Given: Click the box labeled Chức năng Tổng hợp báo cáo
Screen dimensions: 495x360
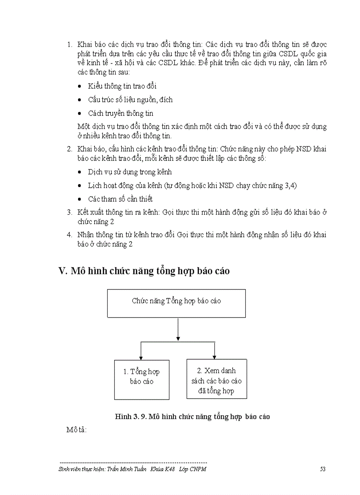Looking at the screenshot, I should tap(176, 303).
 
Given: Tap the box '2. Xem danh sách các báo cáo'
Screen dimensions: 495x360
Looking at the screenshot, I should tap(216, 379).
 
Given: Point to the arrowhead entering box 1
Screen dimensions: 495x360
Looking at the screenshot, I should tap(140, 357).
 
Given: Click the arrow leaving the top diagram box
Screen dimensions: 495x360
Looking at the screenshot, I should tap(177, 328).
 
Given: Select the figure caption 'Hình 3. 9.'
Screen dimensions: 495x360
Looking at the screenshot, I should tap(131, 416).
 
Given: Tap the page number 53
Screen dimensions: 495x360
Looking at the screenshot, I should tap(322, 469).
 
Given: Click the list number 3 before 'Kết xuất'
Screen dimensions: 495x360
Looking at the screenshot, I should tap(69, 212).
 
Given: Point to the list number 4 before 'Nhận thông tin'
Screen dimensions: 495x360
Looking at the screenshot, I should tap(69, 234).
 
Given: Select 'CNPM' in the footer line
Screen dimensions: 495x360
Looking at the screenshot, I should tap(199, 469).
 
